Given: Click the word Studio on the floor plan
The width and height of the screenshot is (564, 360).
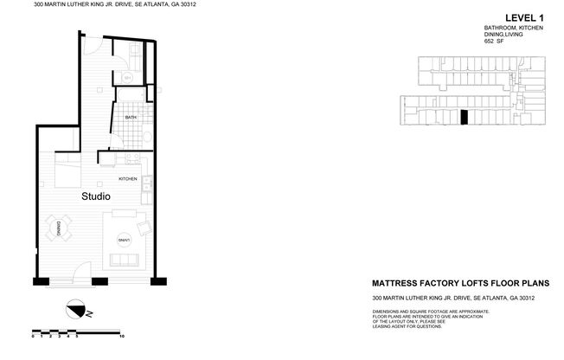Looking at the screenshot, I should pyautogui.click(x=95, y=196).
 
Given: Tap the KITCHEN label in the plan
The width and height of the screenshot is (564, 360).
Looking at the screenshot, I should pyautogui.click(x=128, y=178).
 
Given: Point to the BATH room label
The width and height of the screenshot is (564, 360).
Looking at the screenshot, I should pyautogui.click(x=131, y=117).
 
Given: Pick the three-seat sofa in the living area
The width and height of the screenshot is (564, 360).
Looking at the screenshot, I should pyautogui.click(x=125, y=260).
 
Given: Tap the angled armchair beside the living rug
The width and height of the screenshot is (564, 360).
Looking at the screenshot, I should pyautogui.click(x=144, y=227).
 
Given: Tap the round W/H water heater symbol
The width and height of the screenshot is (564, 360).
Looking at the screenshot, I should pyautogui.click(x=126, y=77).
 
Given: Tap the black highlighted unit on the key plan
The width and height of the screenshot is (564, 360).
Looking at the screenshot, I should pyautogui.click(x=464, y=118).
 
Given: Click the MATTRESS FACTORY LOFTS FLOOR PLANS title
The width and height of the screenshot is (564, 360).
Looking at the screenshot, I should pyautogui.click(x=460, y=283).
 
